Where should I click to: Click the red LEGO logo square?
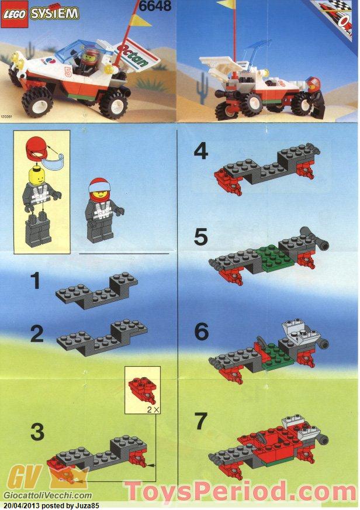(x=15, y=16)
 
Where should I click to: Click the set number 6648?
(x=155, y=5)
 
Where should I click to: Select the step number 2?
(x=37, y=333)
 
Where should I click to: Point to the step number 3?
(x=37, y=432)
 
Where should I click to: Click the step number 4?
(x=201, y=152)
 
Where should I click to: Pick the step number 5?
(x=200, y=237)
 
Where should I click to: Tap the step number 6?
(x=201, y=332)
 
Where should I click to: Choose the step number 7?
(x=200, y=421)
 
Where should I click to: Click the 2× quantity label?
(x=153, y=409)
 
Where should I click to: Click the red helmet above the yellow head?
(x=37, y=149)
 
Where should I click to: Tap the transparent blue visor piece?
(x=53, y=161)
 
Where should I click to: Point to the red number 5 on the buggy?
(x=68, y=72)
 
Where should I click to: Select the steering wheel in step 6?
(x=261, y=344)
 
